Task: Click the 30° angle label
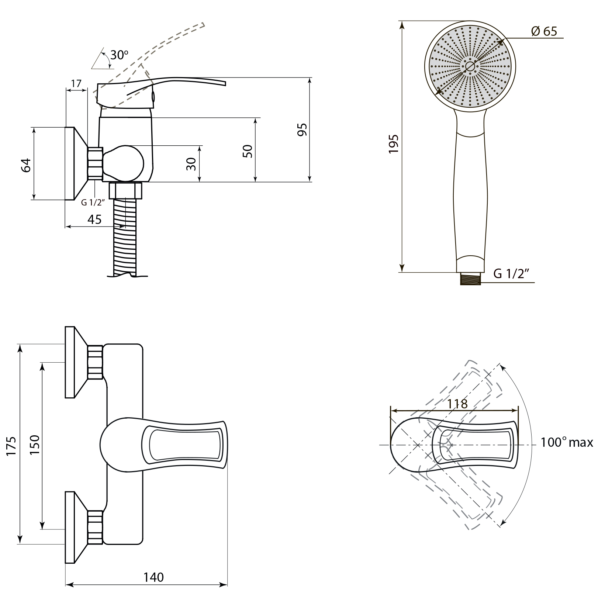[x=119, y=55]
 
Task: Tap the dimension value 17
[x=76, y=84]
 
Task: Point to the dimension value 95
[x=302, y=129]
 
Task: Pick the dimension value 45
[x=94, y=219]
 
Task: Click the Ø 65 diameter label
[x=544, y=31]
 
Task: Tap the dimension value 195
[x=394, y=144]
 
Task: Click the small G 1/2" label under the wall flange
[x=93, y=202]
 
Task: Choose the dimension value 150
[x=34, y=445]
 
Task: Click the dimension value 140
[x=153, y=577]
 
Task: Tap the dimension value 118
[x=457, y=404]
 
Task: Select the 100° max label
[x=567, y=442]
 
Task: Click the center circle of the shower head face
[x=470, y=66]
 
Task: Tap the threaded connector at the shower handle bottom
[x=470, y=279]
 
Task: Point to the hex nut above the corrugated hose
[x=125, y=190]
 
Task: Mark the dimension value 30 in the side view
[x=191, y=164]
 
